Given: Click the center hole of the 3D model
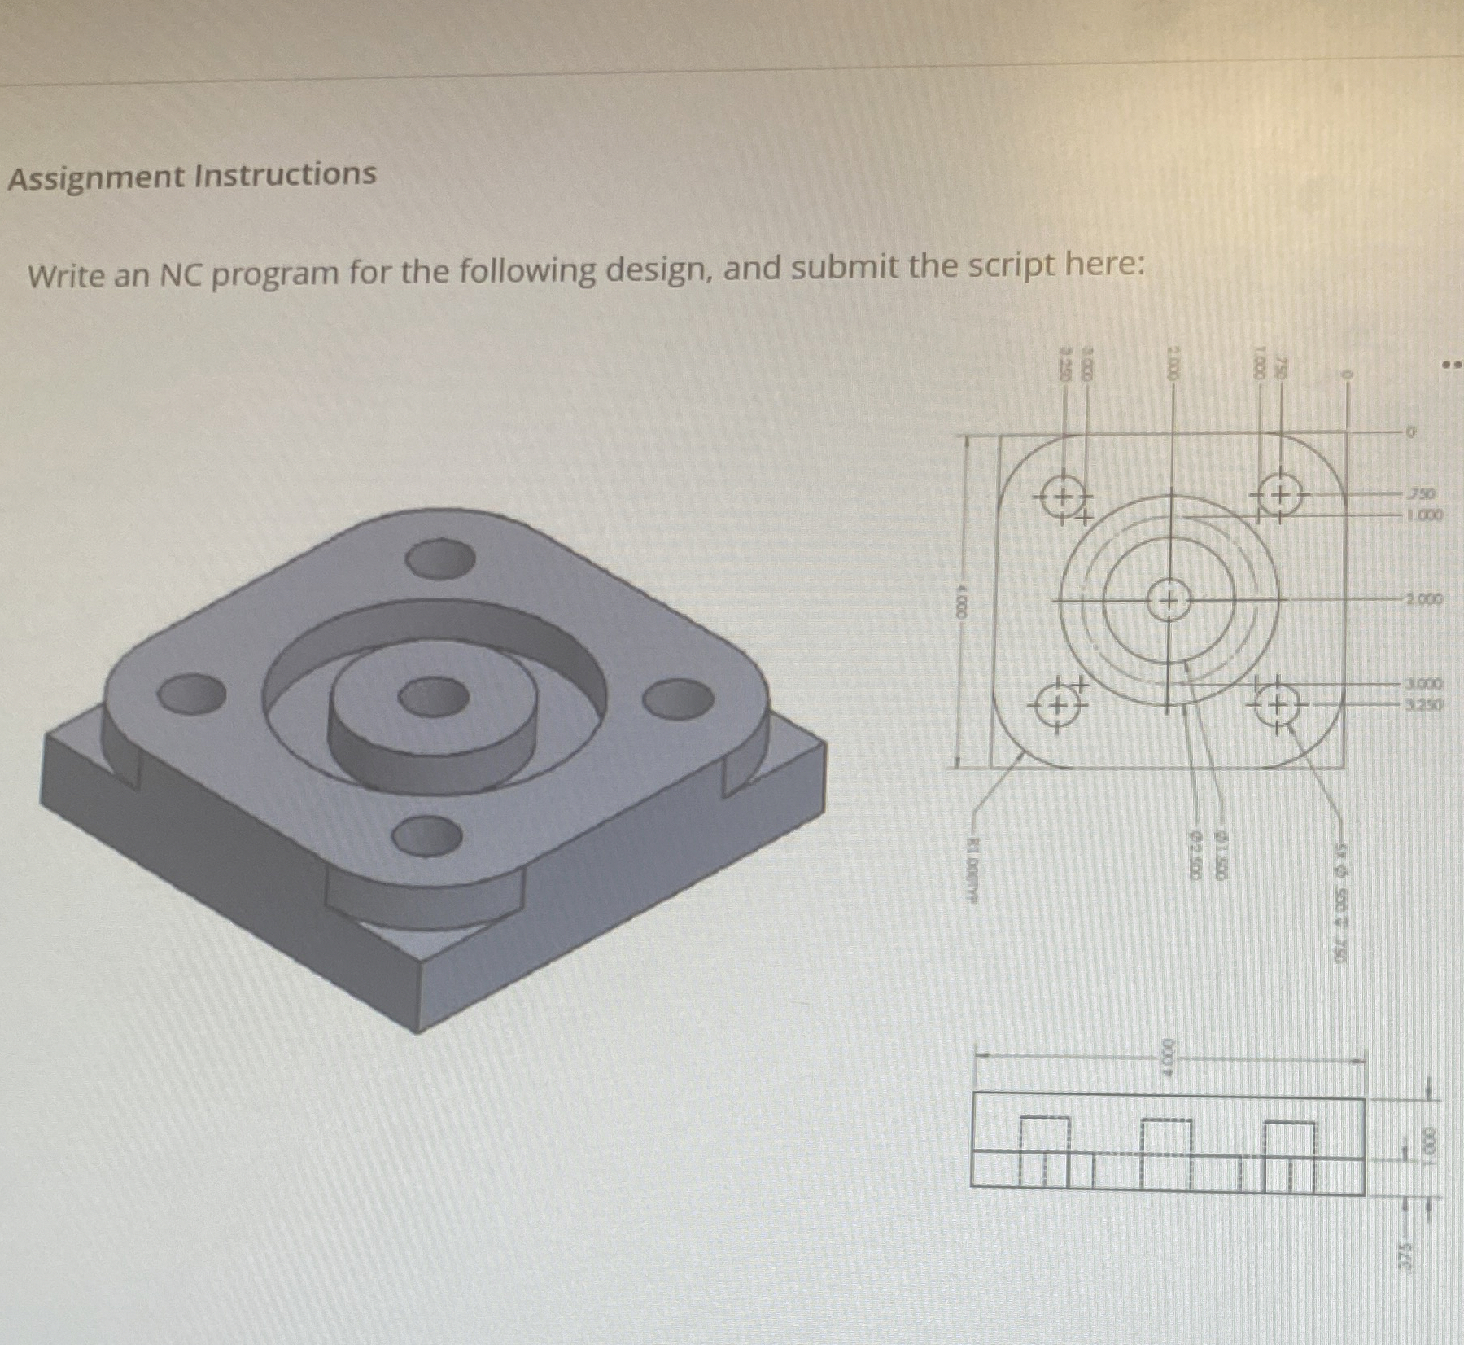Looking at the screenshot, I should (433, 698).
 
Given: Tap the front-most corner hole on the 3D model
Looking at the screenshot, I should (427, 835).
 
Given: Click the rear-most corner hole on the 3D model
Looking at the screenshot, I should (440, 558).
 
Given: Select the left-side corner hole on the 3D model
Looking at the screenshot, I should (192, 694).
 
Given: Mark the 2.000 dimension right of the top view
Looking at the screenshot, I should (1422, 600).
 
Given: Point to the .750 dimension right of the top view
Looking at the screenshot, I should (1421, 494).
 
